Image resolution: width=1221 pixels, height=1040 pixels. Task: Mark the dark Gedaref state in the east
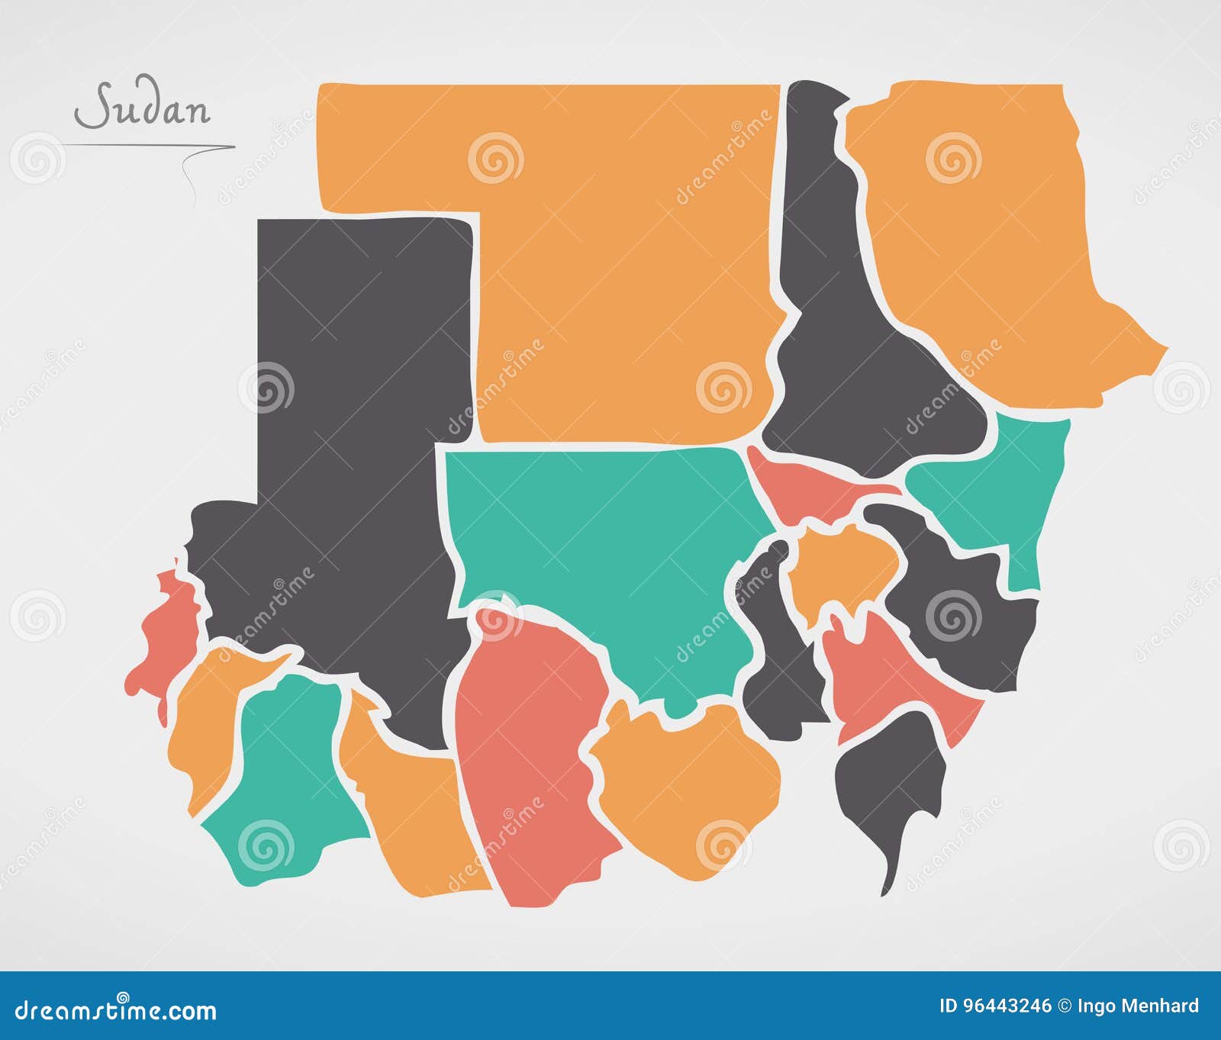click(962, 610)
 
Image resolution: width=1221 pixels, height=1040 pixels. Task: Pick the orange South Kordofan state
click(687, 786)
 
